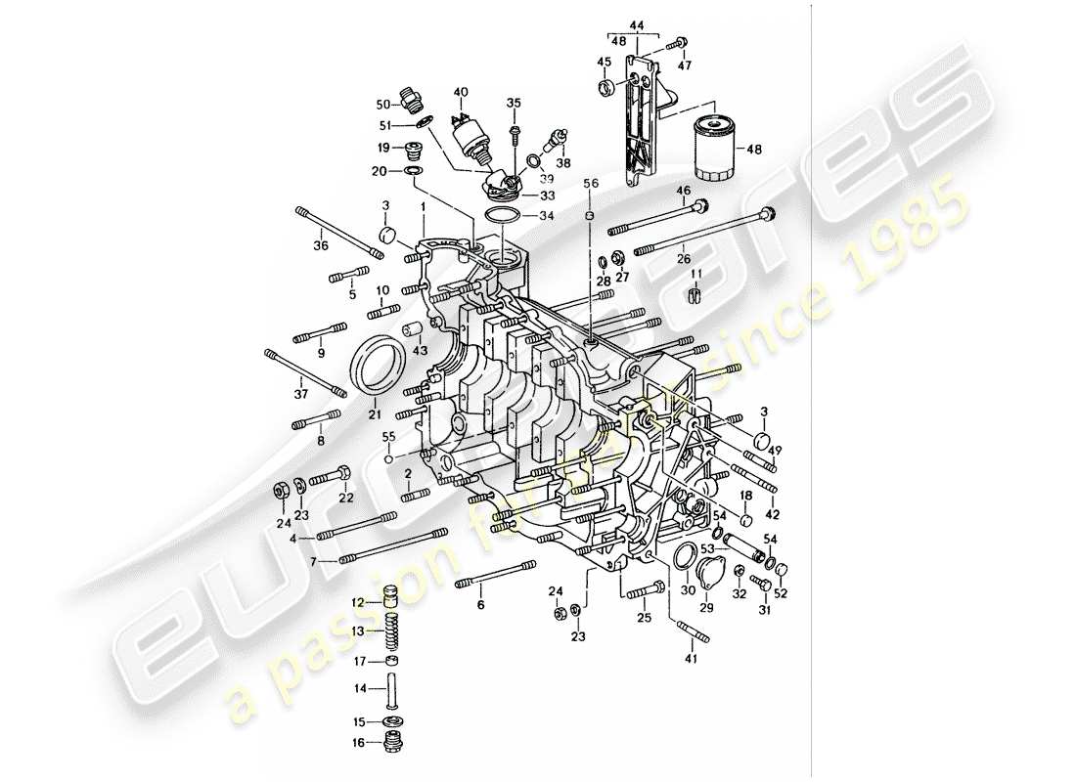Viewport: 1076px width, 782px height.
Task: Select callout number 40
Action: [x=460, y=93]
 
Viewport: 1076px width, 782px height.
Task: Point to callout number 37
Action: [x=302, y=394]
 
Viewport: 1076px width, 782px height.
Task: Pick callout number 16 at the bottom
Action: [x=359, y=743]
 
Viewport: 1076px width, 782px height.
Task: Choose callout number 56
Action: [x=590, y=183]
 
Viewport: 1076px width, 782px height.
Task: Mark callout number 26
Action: [x=684, y=260]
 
